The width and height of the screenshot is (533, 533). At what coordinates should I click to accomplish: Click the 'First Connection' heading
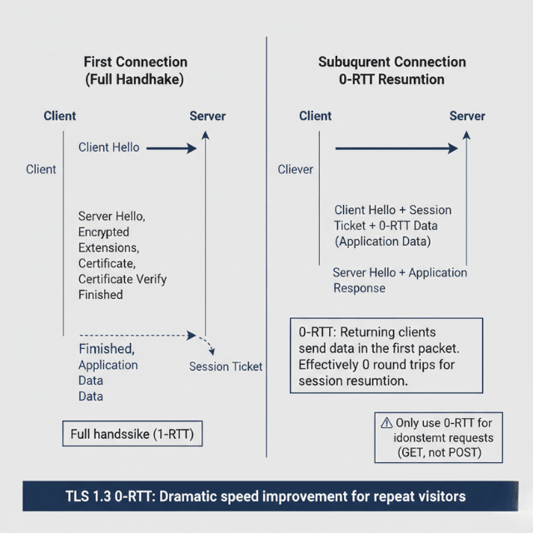(136, 62)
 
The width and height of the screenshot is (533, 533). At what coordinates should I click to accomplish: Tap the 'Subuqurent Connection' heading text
(392, 62)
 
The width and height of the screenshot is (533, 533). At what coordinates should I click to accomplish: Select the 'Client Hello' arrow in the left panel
(171, 148)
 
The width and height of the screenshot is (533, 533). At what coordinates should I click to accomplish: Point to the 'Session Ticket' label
(226, 366)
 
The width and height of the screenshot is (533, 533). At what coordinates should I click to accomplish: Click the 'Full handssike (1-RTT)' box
(133, 434)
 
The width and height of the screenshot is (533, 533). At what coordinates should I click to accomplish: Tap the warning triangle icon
(386, 422)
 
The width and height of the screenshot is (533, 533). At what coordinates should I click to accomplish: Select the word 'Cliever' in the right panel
(296, 169)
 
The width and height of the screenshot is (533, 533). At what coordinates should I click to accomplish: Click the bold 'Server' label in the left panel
(207, 116)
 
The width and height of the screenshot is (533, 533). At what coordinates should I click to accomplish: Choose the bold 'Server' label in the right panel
(467, 116)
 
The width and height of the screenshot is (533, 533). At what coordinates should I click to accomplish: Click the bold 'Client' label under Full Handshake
(60, 116)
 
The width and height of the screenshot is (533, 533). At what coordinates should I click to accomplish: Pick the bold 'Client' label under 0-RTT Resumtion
(316, 116)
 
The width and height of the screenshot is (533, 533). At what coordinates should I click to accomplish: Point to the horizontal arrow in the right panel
(396, 148)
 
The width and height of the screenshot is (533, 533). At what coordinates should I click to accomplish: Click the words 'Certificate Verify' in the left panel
(122, 279)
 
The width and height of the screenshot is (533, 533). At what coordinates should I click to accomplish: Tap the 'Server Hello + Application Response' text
(400, 280)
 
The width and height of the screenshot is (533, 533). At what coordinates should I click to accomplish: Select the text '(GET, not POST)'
(439, 453)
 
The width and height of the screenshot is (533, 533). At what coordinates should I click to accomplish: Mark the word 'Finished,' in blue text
(107, 348)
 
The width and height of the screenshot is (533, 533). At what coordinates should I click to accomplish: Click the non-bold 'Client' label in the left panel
(41, 169)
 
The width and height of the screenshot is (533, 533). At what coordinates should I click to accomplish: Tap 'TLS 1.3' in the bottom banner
(87, 496)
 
